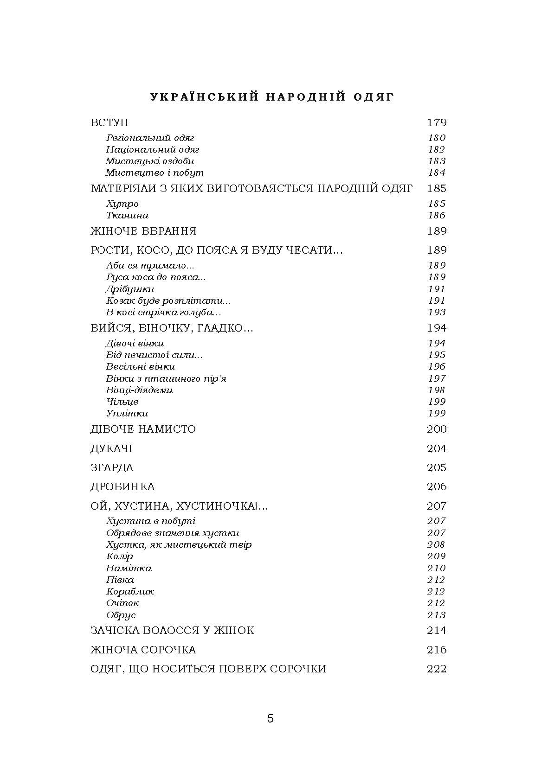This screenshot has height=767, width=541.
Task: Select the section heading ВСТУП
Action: tap(109, 123)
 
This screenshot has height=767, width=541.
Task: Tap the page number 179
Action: tap(436, 123)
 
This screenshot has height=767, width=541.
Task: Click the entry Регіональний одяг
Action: tap(150, 138)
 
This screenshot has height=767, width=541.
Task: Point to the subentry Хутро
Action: tap(122, 204)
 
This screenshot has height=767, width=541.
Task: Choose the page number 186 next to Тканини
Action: tap(436, 215)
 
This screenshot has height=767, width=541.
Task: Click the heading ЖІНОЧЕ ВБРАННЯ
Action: tap(143, 231)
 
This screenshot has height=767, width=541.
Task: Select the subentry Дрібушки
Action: tap(130, 289)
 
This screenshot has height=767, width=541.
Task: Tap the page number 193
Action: tap(436, 312)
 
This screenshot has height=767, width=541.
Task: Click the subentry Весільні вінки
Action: tap(140, 367)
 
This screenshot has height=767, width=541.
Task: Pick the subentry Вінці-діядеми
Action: tap(139, 390)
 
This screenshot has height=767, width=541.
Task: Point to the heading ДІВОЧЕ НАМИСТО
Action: tap(143, 429)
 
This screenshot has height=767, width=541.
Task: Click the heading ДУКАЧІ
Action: tap(111, 449)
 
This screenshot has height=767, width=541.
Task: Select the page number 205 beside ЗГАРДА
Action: tap(436, 468)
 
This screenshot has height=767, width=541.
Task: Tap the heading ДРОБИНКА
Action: tap(122, 487)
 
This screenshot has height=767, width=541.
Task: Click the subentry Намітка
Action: tap(129, 569)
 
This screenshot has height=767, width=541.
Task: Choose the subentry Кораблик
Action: tap(130, 592)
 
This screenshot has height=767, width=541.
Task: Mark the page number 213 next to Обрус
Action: tap(436, 615)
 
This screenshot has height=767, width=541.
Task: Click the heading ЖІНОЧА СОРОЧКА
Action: tap(143, 650)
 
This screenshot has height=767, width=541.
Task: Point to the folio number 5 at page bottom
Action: tap(270, 719)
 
